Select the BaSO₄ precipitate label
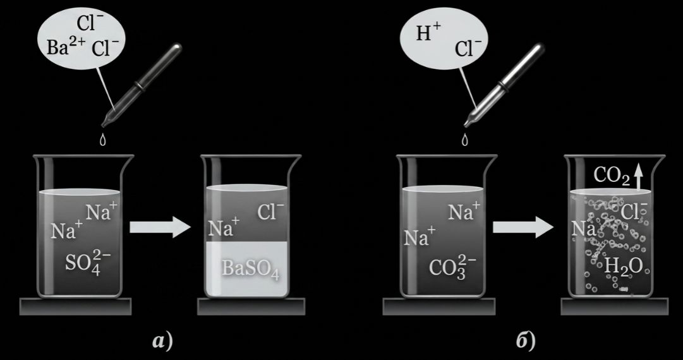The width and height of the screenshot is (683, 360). point(250,268)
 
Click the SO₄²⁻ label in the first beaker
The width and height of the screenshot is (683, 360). point(88,261)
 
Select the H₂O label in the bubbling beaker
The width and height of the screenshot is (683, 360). point(624,266)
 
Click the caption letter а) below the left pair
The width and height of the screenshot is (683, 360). point(162,341)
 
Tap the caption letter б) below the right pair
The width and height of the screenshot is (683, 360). point(526,340)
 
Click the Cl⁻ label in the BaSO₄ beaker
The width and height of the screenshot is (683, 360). point(270,212)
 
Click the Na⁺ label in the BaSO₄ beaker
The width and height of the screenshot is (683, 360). point(224,228)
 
